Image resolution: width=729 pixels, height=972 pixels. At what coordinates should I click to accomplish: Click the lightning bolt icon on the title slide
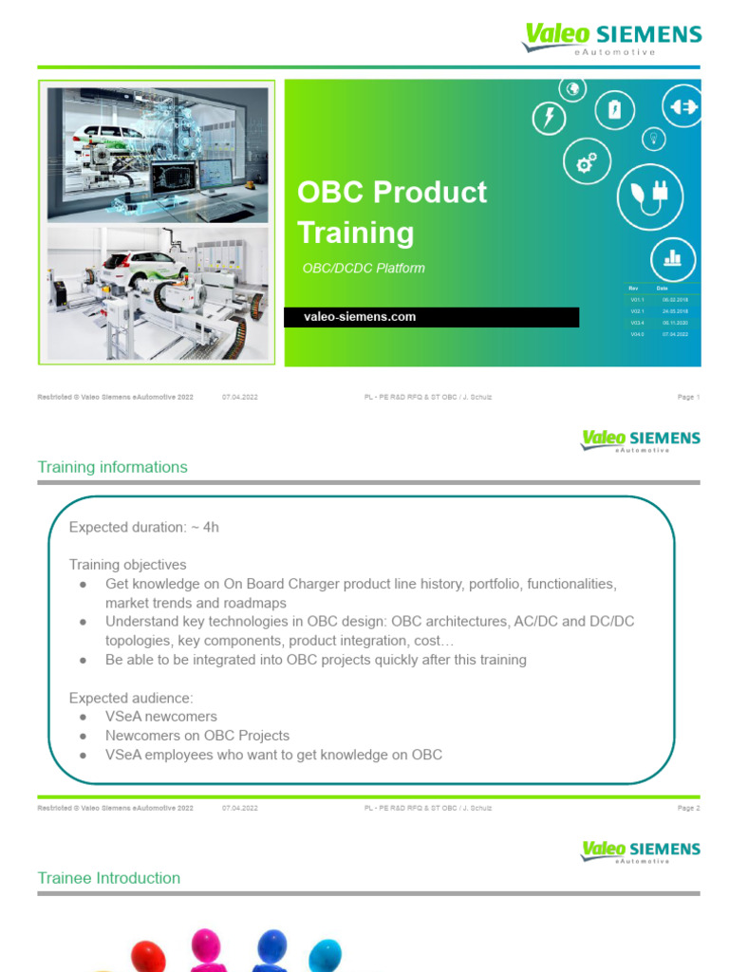pyautogui.click(x=549, y=118)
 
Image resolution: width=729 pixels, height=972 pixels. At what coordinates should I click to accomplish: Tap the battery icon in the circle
pyautogui.click(x=614, y=110)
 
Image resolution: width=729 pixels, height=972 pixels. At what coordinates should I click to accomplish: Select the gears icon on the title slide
pyautogui.click(x=587, y=163)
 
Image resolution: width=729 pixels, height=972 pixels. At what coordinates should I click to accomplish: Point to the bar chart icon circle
pyautogui.click(x=673, y=258)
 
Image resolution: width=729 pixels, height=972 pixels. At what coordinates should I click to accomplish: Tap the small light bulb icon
pyautogui.click(x=653, y=139)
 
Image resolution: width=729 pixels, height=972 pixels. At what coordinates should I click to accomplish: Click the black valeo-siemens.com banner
pyautogui.click(x=431, y=317)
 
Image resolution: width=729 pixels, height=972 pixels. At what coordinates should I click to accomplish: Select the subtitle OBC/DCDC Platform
pyautogui.click(x=363, y=269)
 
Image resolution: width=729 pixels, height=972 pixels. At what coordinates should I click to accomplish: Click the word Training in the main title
pyautogui.click(x=356, y=233)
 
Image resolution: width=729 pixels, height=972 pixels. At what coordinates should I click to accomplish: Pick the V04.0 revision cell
pyautogui.click(x=637, y=335)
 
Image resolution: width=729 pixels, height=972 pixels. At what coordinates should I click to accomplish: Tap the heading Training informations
pyautogui.click(x=112, y=467)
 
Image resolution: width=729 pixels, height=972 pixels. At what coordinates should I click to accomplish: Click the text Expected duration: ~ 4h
pyautogui.click(x=144, y=527)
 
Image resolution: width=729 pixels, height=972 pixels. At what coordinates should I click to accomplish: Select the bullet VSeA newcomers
pyautogui.click(x=161, y=717)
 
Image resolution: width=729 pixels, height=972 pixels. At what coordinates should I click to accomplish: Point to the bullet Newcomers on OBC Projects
pyautogui.click(x=197, y=736)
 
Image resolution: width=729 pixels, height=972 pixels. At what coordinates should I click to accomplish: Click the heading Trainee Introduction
pyautogui.click(x=108, y=878)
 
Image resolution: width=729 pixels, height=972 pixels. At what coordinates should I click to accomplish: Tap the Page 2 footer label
pyautogui.click(x=688, y=808)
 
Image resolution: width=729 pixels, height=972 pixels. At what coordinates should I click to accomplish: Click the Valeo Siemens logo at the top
pyautogui.click(x=612, y=39)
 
